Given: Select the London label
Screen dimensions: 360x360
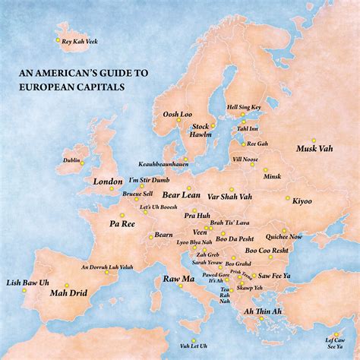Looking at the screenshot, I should [x=107, y=182].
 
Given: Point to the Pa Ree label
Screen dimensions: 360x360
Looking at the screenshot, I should [x=122, y=225].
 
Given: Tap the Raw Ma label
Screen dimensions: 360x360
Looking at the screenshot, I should [x=178, y=280].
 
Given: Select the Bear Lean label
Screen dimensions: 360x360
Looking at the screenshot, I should [x=182, y=195].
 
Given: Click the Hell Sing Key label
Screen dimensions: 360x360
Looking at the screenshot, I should [x=243, y=109].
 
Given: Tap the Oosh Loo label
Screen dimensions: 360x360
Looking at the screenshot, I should [x=177, y=115].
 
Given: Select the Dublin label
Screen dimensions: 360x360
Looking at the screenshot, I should [x=71, y=161].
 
